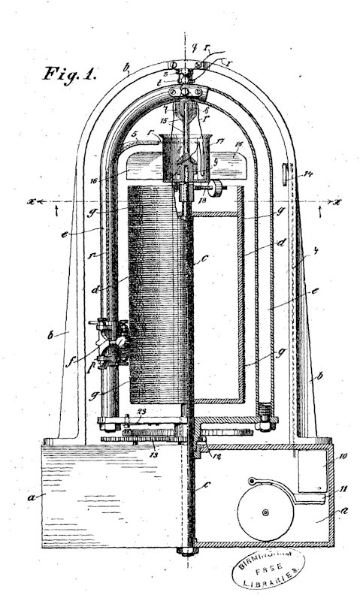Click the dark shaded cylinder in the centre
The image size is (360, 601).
click(x=154, y=293)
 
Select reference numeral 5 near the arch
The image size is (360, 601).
click(x=134, y=136)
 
